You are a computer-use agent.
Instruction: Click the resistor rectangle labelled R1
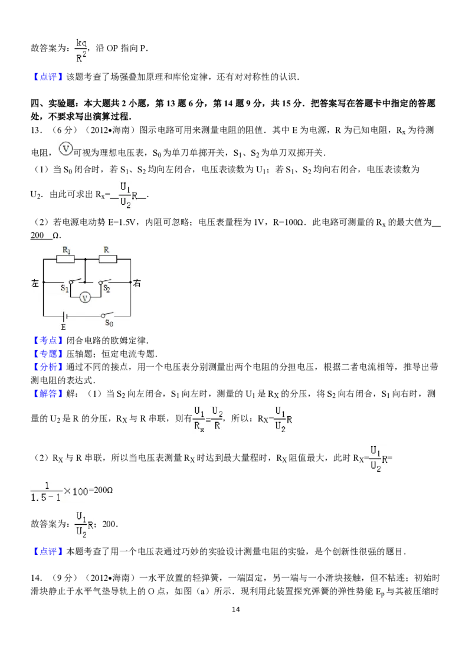point(65,259)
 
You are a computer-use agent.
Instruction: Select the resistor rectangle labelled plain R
point(108,259)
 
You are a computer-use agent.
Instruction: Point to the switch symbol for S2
point(104,282)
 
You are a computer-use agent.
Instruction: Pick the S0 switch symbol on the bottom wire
point(107,315)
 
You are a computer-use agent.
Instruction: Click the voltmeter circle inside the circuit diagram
point(85,298)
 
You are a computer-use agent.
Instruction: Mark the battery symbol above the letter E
point(64,316)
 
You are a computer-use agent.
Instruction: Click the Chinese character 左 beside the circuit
point(35,283)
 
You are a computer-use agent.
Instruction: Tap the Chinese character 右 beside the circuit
point(137,283)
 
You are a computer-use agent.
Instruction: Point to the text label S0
point(109,323)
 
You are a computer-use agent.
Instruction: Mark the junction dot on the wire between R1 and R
point(86,259)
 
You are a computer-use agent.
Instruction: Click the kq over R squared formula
point(80,50)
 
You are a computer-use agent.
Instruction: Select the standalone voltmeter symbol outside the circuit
point(65,148)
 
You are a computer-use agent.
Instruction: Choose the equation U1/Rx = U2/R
point(208,418)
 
